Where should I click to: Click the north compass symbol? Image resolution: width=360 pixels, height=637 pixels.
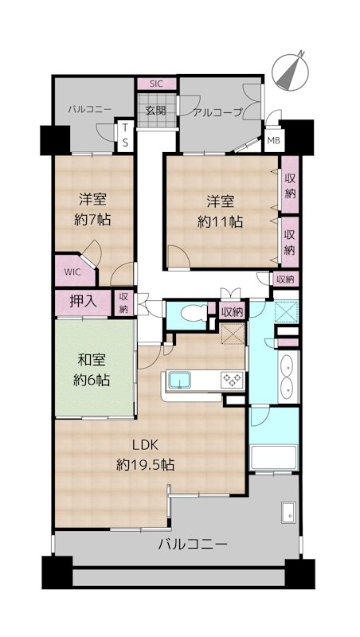click(x=290, y=72)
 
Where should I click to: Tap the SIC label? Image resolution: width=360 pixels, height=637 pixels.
click(x=156, y=84)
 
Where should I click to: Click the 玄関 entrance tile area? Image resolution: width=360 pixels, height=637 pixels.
click(x=157, y=111)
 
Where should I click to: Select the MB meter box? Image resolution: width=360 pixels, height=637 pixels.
click(x=274, y=141)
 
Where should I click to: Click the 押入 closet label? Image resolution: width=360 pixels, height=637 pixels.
click(x=83, y=302)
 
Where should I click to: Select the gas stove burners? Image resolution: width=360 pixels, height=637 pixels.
click(x=233, y=381)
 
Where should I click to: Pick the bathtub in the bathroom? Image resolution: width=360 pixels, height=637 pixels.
click(x=274, y=458)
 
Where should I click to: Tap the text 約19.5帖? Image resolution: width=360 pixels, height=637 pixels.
click(x=145, y=464)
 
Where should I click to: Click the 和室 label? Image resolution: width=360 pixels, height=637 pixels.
click(x=92, y=361)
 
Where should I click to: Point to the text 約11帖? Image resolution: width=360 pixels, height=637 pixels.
click(x=221, y=222)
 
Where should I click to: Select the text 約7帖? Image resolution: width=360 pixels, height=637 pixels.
click(x=92, y=220)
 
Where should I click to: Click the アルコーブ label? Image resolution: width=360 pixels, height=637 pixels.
click(x=217, y=112)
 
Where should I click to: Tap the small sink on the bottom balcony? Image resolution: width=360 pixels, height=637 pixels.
click(x=289, y=513)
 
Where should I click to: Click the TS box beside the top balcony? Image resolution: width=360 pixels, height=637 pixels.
click(x=126, y=135)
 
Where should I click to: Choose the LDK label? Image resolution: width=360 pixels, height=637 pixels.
click(x=145, y=445)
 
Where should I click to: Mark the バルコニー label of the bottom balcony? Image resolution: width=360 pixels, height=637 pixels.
click(x=193, y=544)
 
